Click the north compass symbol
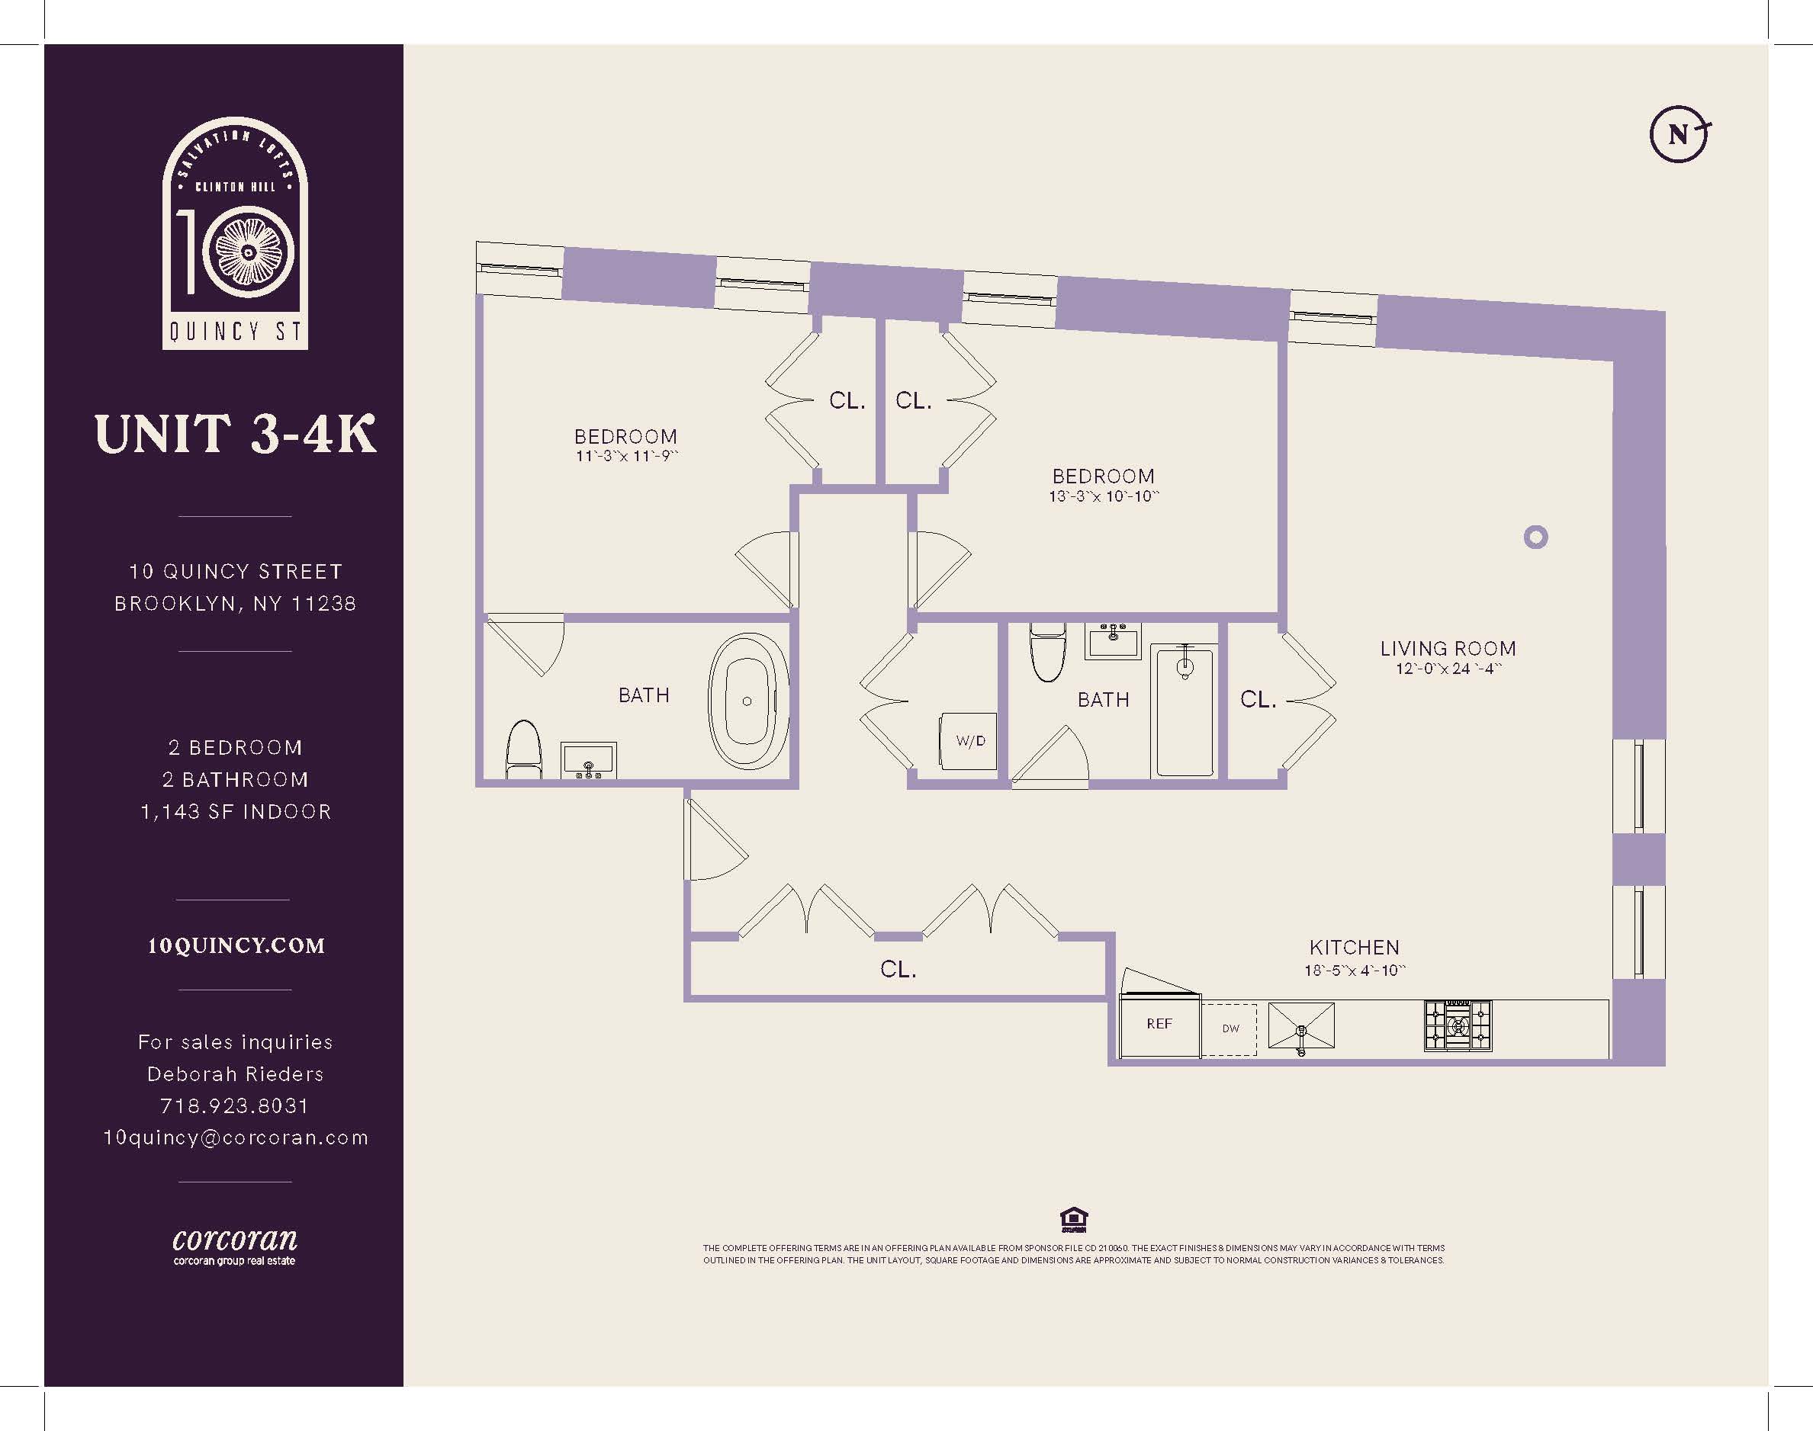point(1680,133)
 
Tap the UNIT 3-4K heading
point(236,434)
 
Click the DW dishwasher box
point(1230,1029)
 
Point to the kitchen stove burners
point(1458,1026)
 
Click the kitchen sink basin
point(1301,1026)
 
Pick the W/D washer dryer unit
point(969,742)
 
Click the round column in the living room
point(1535,537)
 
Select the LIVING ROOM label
point(1448,649)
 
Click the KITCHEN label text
point(1355,948)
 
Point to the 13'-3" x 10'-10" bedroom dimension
point(1103,496)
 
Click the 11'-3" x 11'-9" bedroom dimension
point(626,457)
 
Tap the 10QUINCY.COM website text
point(236,946)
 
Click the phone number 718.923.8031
point(235,1106)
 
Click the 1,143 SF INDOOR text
point(236,812)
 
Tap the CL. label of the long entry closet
point(898,969)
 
